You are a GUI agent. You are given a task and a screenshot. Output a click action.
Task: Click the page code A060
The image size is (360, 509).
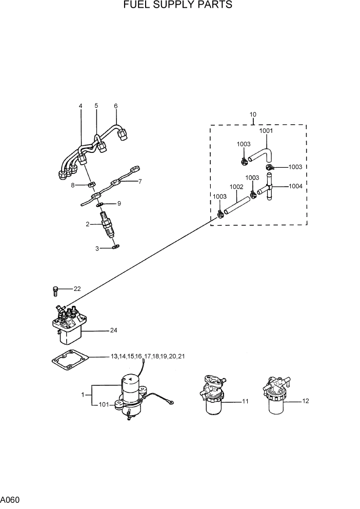click(x=10, y=499)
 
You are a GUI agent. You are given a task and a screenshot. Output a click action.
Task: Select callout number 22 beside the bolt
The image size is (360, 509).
click(x=77, y=289)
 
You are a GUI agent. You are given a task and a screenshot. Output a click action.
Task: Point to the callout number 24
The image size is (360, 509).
click(x=114, y=330)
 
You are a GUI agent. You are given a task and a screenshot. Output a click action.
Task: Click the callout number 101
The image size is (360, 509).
click(x=104, y=404)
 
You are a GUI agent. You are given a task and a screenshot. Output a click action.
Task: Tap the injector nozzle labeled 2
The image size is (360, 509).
click(x=109, y=224)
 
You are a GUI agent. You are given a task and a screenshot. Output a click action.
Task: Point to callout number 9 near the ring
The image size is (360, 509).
click(x=119, y=204)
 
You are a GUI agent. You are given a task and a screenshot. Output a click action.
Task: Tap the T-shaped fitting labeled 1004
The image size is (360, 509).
click(x=269, y=189)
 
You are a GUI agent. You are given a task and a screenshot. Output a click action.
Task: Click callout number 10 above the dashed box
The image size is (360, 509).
click(x=253, y=114)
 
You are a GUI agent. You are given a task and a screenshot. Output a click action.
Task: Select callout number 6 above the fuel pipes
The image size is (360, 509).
click(x=116, y=106)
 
